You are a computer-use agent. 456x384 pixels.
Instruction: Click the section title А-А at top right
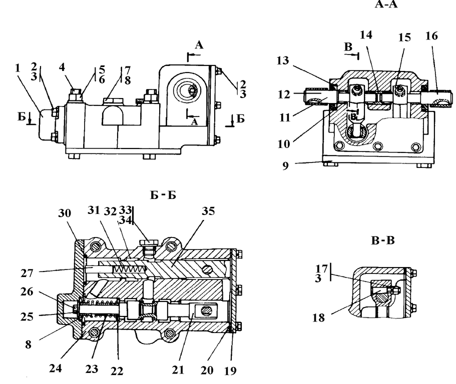(x=386, y=4)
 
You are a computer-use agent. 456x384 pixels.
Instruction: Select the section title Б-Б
(x=163, y=195)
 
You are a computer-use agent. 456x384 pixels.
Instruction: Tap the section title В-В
(x=383, y=240)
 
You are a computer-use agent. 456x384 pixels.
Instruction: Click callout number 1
(x=18, y=68)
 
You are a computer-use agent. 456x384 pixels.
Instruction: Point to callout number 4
(x=62, y=67)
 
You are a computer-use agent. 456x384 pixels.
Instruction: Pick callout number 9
(x=285, y=165)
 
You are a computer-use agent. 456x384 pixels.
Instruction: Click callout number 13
(x=283, y=60)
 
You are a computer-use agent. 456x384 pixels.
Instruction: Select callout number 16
(x=431, y=36)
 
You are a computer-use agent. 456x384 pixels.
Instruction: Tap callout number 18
(x=318, y=317)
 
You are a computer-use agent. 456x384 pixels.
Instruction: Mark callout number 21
(x=178, y=370)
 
